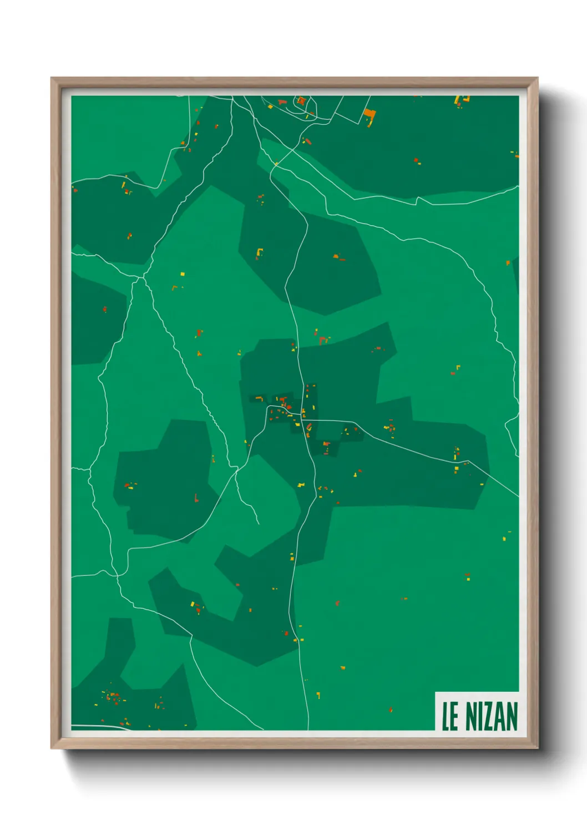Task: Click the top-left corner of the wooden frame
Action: pyautogui.click(x=52, y=78)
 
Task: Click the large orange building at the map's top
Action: pyautogui.click(x=370, y=116)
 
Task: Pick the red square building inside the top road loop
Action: pyautogui.click(x=301, y=100)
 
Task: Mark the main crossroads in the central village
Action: pyautogui.click(x=302, y=413)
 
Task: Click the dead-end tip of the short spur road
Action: pyautogui.click(x=259, y=524)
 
